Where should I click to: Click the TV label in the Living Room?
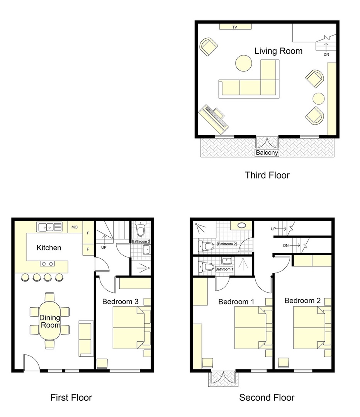pyautogui.click(x=234, y=27)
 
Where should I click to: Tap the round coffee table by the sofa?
pyautogui.click(x=244, y=63)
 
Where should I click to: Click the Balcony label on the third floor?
pyautogui.click(x=267, y=153)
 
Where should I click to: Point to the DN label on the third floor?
pyautogui.click(x=327, y=54)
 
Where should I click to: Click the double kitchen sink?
pyautogui.click(x=49, y=227)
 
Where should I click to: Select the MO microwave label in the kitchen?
pyautogui.click(x=75, y=227)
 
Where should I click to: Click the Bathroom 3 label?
pyautogui.click(x=141, y=241)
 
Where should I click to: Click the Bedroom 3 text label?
pyautogui.click(x=120, y=301)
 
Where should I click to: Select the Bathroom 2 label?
pyautogui.click(x=226, y=244)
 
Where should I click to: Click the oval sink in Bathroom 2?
pyautogui.click(x=242, y=225)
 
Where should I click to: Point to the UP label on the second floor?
pyautogui.click(x=273, y=229)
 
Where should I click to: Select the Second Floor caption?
pyautogui.click(x=267, y=397)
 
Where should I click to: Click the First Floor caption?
pyautogui.click(x=71, y=397)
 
